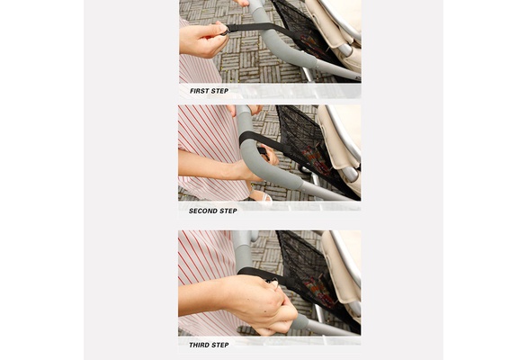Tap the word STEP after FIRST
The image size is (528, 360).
(220, 91)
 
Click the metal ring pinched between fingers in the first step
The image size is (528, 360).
(224, 31)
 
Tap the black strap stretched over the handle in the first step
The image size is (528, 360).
(259, 29)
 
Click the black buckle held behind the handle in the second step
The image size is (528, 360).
(264, 152)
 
